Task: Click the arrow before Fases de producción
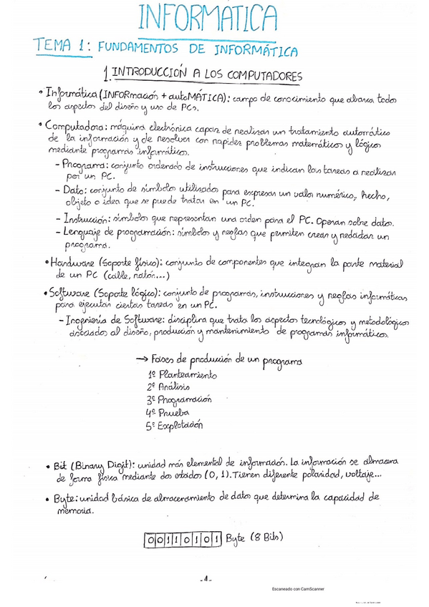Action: coord(142,359)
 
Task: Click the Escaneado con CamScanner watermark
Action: coord(298,589)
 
